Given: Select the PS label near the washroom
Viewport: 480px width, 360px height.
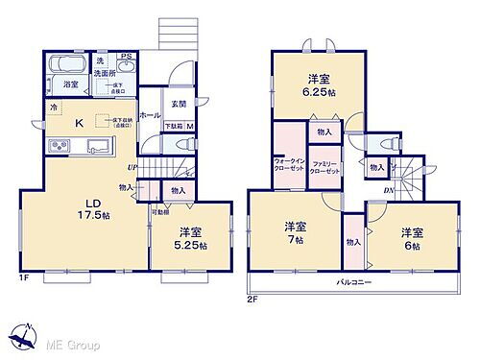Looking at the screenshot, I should (126, 57).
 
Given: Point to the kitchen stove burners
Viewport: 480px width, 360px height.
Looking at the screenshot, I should (58, 146).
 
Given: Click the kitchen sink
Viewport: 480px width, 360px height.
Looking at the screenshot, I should (99, 147).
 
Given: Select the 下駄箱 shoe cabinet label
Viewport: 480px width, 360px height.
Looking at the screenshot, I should (173, 127).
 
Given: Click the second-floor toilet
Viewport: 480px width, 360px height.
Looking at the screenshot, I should (393, 142).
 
